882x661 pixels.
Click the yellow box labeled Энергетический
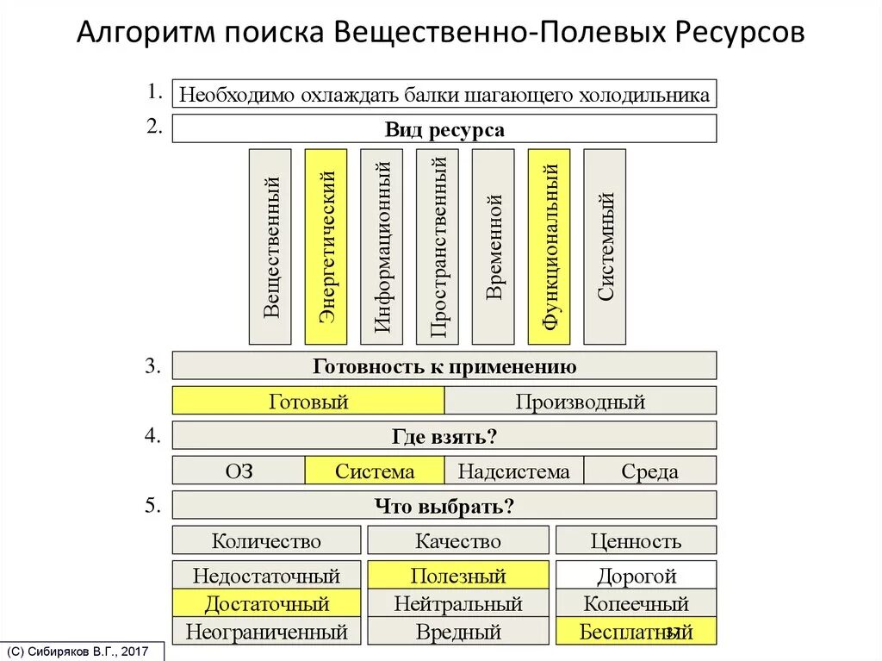point(326,246)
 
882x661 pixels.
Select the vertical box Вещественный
point(270,246)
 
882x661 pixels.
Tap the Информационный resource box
point(382,246)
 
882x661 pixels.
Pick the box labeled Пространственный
point(438,246)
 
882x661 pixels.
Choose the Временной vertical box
point(494,246)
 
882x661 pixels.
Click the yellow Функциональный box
point(549,246)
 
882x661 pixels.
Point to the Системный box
point(605,246)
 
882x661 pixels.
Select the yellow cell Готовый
point(308,401)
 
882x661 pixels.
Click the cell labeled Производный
point(580,401)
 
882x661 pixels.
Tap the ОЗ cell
point(239,471)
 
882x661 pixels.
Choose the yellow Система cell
point(375,471)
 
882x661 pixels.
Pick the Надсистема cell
point(513,471)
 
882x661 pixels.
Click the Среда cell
point(649,471)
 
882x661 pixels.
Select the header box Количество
point(266,540)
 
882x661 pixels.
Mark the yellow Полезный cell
point(457,575)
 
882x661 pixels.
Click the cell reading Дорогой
point(636,575)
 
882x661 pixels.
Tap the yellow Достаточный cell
point(266,602)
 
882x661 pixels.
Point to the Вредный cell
point(457,631)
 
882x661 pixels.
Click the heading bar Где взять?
point(444,436)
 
